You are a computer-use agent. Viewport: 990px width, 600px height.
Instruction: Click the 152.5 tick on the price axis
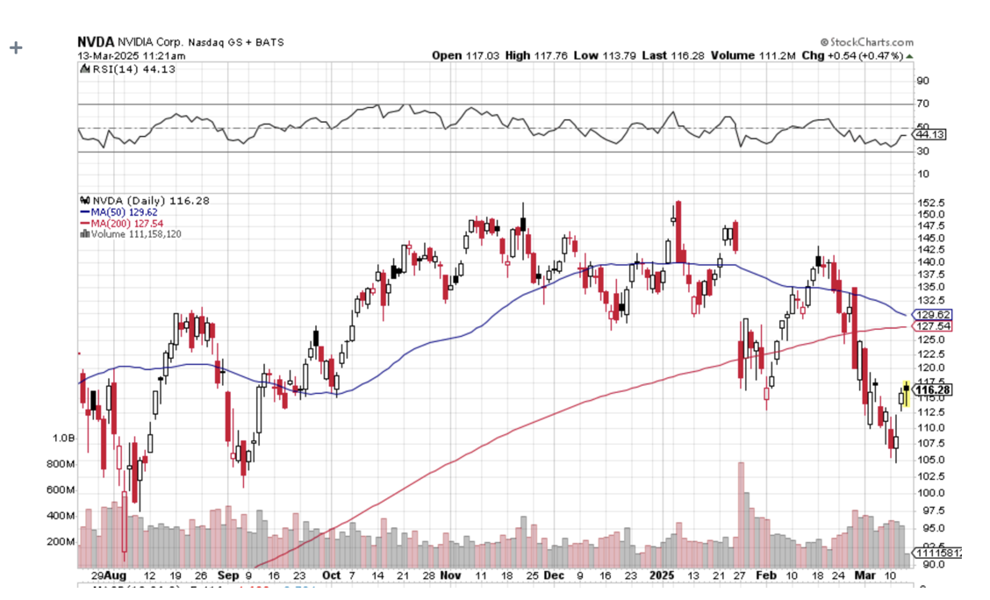click(931, 203)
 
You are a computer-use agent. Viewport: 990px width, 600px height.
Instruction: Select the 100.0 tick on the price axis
click(931, 492)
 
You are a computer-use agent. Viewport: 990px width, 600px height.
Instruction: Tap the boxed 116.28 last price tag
click(934, 389)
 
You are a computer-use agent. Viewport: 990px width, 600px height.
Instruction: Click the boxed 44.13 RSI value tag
click(930, 135)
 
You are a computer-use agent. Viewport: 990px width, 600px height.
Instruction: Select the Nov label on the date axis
click(449, 576)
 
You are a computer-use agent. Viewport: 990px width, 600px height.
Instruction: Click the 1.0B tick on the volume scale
click(62, 438)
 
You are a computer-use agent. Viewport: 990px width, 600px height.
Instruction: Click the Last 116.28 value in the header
click(672, 55)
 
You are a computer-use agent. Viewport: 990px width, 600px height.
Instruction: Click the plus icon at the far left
click(14, 47)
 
